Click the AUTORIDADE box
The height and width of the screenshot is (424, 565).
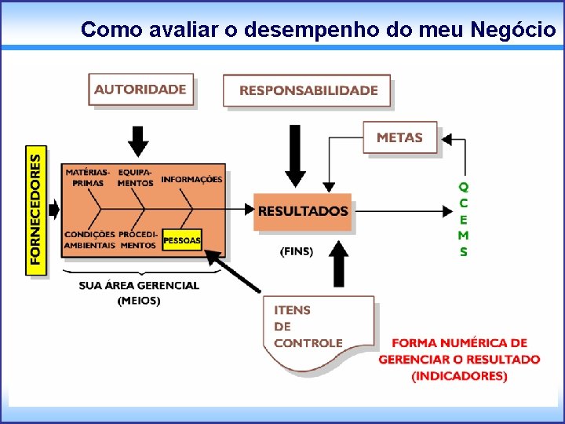tap(140, 89)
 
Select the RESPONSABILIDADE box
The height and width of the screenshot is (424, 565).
tap(308, 90)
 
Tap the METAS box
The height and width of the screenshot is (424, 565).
tap(399, 137)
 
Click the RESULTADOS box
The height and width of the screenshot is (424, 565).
tap(302, 210)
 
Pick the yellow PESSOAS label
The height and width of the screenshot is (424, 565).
tap(182, 240)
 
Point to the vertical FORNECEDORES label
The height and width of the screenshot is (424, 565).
tap(36, 208)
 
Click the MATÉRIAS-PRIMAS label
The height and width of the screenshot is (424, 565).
tap(87, 177)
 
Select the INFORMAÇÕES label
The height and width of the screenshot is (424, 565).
tap(191, 179)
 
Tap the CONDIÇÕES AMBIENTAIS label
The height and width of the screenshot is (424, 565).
tap(89, 239)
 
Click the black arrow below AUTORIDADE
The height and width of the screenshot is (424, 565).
tap(138, 141)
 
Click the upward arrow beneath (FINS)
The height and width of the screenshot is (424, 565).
tap(338, 263)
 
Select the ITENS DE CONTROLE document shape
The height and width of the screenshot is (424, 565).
tap(316, 330)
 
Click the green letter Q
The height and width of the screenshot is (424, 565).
tap(464, 187)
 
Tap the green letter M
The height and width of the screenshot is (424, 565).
tap(464, 235)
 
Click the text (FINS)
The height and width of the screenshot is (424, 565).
tap(296, 251)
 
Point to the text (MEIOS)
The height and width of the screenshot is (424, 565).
tap(138, 300)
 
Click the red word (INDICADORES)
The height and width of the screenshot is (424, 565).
tap(459, 375)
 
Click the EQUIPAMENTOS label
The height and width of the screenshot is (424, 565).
tap(135, 177)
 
